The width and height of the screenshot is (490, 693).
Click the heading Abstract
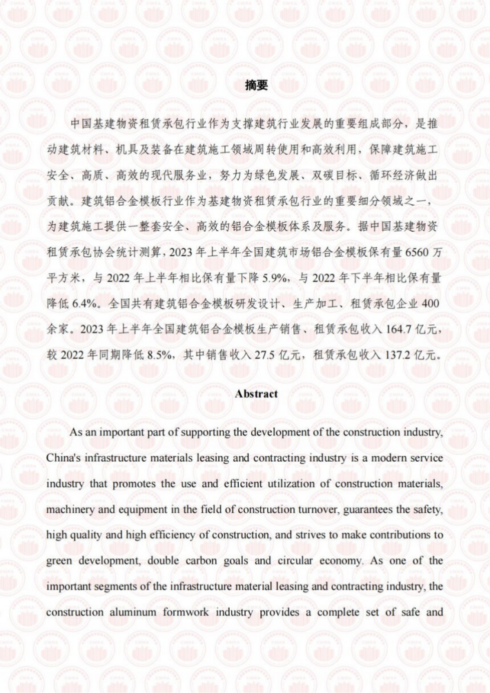pyautogui.click(x=256, y=393)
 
